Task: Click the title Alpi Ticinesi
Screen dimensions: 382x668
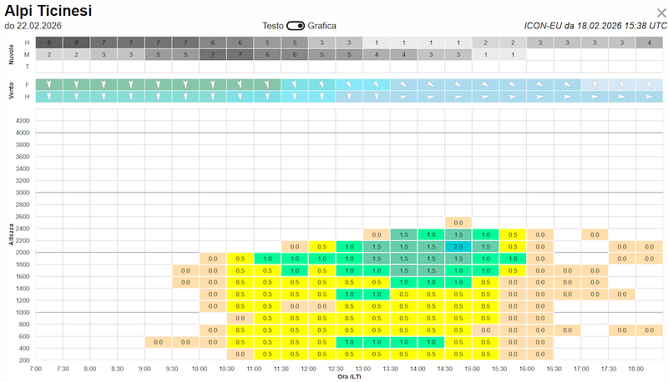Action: [48, 11]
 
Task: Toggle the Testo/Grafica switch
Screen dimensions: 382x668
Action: [296, 26]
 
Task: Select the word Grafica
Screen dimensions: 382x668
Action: [321, 26]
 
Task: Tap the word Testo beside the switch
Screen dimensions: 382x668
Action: [273, 26]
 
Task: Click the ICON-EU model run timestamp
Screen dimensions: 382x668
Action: [595, 26]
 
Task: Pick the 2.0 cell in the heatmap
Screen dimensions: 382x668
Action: [458, 247]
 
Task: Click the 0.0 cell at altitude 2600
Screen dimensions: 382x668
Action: [458, 223]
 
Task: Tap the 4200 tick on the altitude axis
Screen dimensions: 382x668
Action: [22, 121]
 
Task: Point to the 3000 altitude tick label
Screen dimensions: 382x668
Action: [22, 193]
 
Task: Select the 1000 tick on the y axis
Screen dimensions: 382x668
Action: [22, 313]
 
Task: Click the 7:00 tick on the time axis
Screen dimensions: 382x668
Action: [36, 368]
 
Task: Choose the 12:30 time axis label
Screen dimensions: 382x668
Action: [336, 368]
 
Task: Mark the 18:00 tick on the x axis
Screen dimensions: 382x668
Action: [636, 368]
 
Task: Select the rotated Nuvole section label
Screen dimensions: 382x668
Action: [12, 53]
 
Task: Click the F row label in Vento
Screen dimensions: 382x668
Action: [27, 85]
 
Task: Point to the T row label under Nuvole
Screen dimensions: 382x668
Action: [27, 66]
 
